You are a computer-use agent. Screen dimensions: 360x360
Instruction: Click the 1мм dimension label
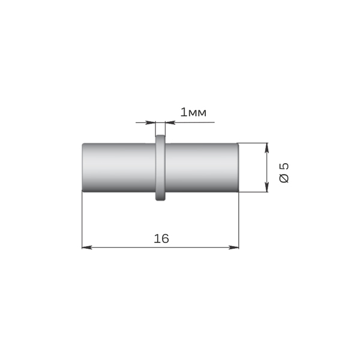[193, 113]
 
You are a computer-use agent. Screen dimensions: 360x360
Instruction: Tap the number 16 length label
[161, 239]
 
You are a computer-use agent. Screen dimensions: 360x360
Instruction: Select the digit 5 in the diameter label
[284, 166]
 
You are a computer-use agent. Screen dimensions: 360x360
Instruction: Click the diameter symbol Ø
[284, 178]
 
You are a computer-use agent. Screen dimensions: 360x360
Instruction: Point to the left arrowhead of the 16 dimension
[87, 247]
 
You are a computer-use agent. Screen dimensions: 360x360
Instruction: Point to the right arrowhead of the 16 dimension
[234, 247]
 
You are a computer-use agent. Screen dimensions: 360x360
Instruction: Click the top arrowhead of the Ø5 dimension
[266, 148]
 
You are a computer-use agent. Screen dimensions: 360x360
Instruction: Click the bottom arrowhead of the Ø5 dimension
[266, 187]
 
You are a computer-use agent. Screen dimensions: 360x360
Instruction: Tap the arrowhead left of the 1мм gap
[151, 122]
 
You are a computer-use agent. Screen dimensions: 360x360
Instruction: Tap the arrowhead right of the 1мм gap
[170, 122]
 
